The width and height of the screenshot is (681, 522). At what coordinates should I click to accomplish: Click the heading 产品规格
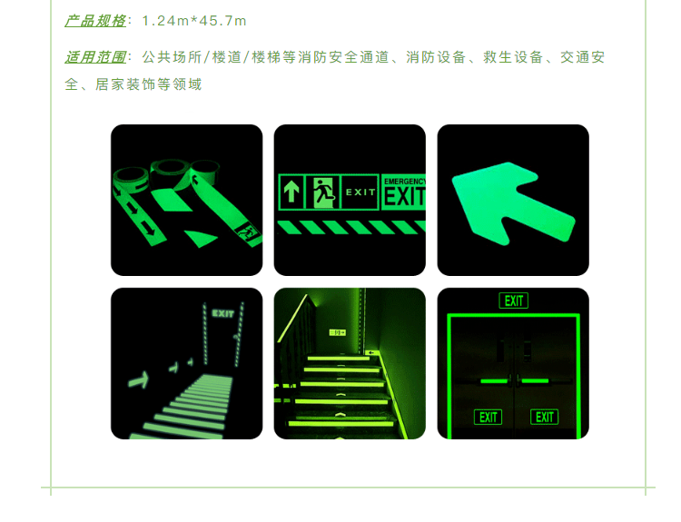coord(95,21)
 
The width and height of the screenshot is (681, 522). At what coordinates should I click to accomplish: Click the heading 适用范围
coord(95,57)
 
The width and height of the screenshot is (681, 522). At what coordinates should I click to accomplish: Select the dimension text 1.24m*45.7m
coord(194,21)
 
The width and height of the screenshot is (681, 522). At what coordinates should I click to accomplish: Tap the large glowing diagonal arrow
coord(513,203)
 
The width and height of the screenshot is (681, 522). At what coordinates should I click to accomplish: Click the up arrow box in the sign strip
coord(291,192)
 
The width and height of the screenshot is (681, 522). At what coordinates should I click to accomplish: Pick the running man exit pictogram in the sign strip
coord(323,192)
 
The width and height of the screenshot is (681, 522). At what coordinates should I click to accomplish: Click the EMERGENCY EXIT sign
coord(403,192)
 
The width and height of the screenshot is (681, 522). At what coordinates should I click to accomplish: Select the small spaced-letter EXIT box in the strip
coord(360,192)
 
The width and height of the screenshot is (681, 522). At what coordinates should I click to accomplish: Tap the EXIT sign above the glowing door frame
coord(514,300)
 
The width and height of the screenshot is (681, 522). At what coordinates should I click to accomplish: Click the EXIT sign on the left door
coord(488,418)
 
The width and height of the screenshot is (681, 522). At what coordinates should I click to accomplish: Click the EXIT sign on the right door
coord(544,418)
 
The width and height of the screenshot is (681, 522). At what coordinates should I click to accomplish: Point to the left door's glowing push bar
coord(494,381)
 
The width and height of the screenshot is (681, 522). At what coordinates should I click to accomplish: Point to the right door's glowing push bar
coord(535,381)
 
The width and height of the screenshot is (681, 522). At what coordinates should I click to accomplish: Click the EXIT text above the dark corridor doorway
coord(222,313)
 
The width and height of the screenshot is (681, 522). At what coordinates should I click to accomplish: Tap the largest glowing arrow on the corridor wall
coord(139,380)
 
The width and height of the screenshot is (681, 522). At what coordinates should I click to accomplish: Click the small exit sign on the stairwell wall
coord(338,332)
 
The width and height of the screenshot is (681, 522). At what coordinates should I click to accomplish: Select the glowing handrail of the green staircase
coord(291,320)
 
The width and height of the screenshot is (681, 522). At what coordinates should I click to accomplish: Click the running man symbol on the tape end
coord(247,231)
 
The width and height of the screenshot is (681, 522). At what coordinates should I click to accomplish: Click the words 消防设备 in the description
coord(436,57)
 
